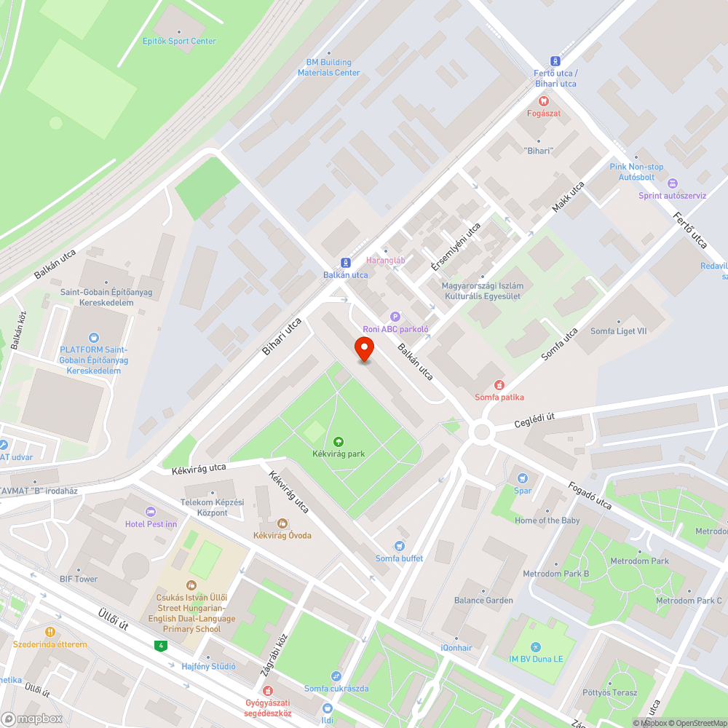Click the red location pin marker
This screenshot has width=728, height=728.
click(x=364, y=349)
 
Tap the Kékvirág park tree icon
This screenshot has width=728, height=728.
click(x=338, y=441)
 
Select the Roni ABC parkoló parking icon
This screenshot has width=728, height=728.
click(x=396, y=316)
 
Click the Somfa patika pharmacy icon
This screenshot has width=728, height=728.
click(x=499, y=384)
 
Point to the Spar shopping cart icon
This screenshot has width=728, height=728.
click(x=522, y=478)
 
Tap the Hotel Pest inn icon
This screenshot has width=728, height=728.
click(x=151, y=512)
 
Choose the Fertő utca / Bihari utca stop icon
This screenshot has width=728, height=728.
click(x=555, y=61)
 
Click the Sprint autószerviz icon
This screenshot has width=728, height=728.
click(x=672, y=183)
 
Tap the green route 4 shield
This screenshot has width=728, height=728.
click(x=159, y=645)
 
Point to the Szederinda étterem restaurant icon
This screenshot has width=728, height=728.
click(x=50, y=632)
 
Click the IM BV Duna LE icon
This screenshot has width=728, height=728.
click(x=536, y=646)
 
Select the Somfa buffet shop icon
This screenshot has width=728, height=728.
click(x=399, y=546)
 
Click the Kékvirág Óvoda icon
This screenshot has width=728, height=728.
click(x=282, y=523)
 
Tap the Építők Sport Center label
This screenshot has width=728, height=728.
click(x=180, y=41)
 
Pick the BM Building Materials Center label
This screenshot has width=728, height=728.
click(x=328, y=68)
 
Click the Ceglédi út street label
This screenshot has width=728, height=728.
click(x=534, y=416)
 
